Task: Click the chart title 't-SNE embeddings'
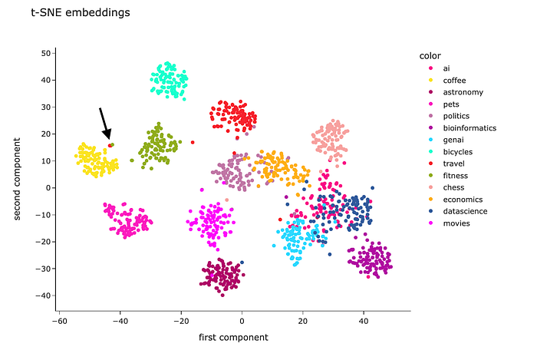(x=80, y=13)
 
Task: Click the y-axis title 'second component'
(x=18, y=176)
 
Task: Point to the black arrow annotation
(x=105, y=124)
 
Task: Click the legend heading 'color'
(x=430, y=56)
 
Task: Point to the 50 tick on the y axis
(x=46, y=53)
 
